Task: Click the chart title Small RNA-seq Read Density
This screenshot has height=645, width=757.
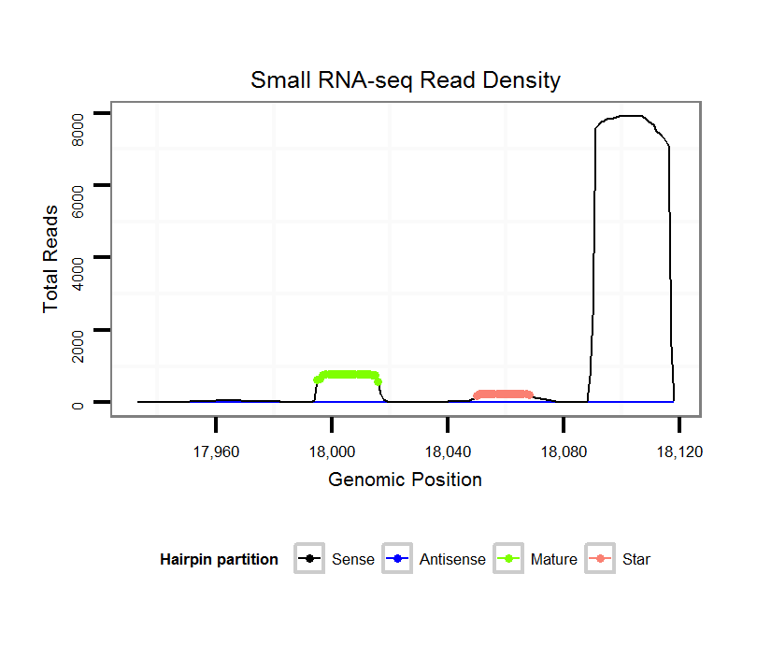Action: click(406, 80)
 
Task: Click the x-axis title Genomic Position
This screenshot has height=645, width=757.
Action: click(406, 480)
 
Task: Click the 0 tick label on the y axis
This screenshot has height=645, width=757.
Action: click(79, 403)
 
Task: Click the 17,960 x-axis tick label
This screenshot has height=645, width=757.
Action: click(216, 451)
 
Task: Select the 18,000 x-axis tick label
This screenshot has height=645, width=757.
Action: click(332, 451)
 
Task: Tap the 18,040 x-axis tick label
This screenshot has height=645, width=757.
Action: click(448, 451)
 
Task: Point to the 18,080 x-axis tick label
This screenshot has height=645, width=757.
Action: click(564, 451)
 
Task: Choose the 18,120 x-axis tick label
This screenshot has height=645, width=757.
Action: click(679, 451)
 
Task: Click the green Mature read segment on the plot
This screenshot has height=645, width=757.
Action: click(349, 375)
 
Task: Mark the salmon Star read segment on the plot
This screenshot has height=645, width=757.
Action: click(503, 394)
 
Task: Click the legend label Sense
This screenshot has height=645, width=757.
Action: click(353, 560)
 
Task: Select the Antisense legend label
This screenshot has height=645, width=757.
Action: click(452, 560)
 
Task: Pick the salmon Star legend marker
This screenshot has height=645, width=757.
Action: click(602, 560)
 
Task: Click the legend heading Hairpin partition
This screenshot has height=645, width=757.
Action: click(219, 560)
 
